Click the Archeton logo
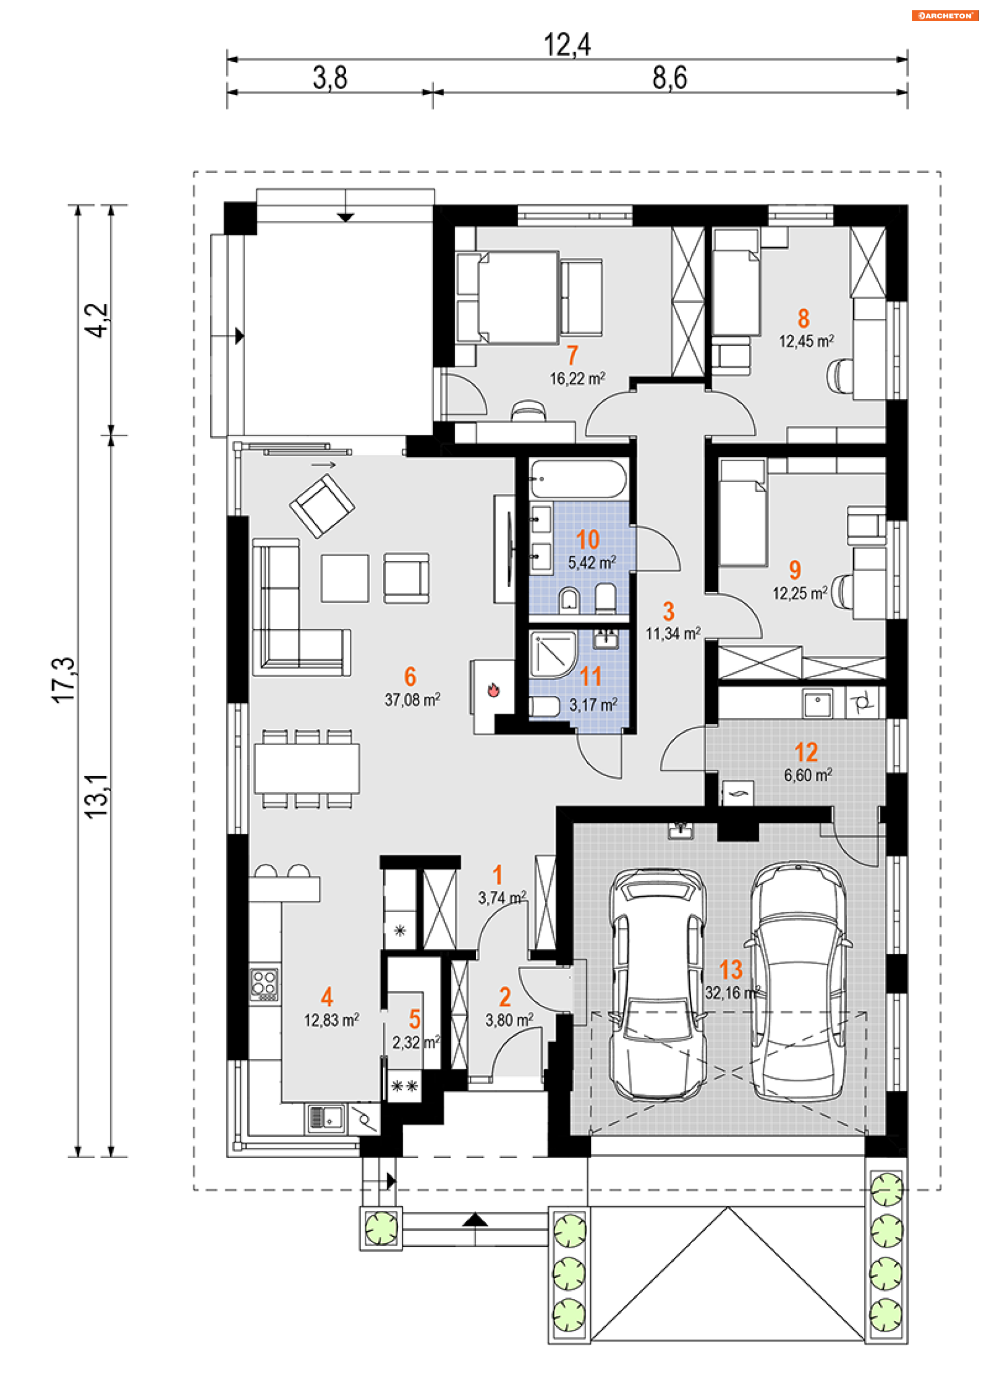pyautogui.click(x=945, y=16)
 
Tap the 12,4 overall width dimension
pyautogui.click(x=567, y=44)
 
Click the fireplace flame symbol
pyautogui.click(x=493, y=690)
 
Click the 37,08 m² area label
pyautogui.click(x=413, y=700)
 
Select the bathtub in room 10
pyautogui.click(x=579, y=479)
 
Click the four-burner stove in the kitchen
pyautogui.click(x=265, y=984)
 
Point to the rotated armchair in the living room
pyautogui.click(x=322, y=506)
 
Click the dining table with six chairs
pyautogui.click(x=307, y=769)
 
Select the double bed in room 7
pyautogui.click(x=507, y=298)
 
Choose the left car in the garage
pyautogui.click(x=657, y=985)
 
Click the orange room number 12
pyautogui.click(x=806, y=752)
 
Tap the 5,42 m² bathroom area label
pyautogui.click(x=592, y=562)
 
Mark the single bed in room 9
pyautogui.click(x=742, y=513)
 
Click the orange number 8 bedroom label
pyautogui.click(x=804, y=318)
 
